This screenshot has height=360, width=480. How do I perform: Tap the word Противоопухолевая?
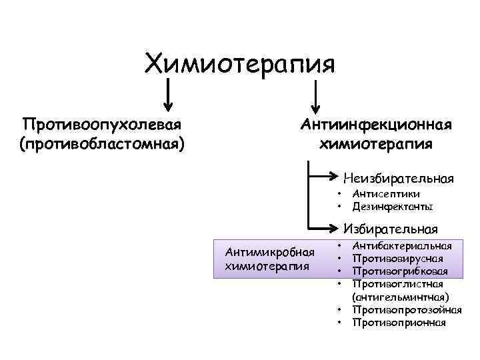pyautogui.click(x=103, y=125)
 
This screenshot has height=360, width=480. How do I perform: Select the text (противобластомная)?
pyautogui.click(x=103, y=143)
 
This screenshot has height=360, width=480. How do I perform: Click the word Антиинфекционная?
pyautogui.click(x=377, y=125)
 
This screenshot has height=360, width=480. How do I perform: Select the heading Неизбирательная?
pyautogui.click(x=398, y=178)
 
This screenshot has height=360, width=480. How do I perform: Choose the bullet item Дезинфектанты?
pyautogui.click(x=393, y=207)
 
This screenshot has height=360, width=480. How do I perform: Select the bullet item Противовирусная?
pyautogui.click(x=397, y=259)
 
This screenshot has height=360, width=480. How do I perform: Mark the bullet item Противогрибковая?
pyautogui.click(x=400, y=271)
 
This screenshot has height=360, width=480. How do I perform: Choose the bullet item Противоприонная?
pyautogui.click(x=399, y=323)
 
